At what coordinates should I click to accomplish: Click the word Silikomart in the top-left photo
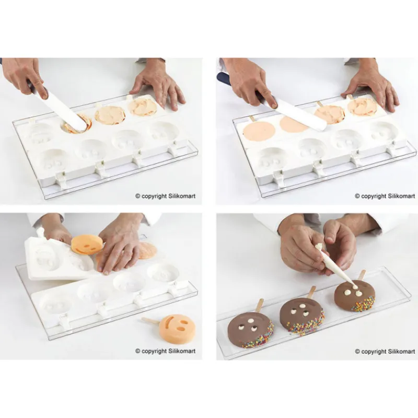pyautogui.click(x=181, y=196)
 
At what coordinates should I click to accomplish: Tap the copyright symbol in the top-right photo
pyautogui.click(x=357, y=196)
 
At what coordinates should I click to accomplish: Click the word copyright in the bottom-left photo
pyautogui.click(x=154, y=351)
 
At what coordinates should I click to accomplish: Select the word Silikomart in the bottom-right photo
pyautogui.click(x=401, y=352)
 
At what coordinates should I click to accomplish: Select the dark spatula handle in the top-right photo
pyautogui.click(x=225, y=79)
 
